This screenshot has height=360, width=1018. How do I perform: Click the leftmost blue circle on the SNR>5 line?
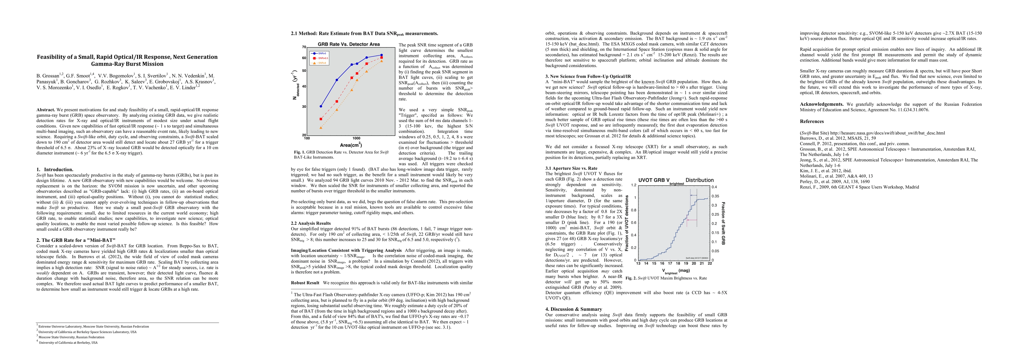pos(321,106)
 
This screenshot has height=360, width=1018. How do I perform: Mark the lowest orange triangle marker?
pos(321,127)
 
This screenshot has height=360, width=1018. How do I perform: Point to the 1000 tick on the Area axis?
pos(356,138)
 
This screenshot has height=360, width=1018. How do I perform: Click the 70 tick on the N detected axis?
pos(304,47)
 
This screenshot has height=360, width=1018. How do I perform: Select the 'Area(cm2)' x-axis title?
pos(351,145)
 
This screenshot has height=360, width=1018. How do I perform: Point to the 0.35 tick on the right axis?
pos(715,196)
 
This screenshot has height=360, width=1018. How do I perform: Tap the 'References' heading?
pos(812,121)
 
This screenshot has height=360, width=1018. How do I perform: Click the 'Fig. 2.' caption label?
pos(631,278)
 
